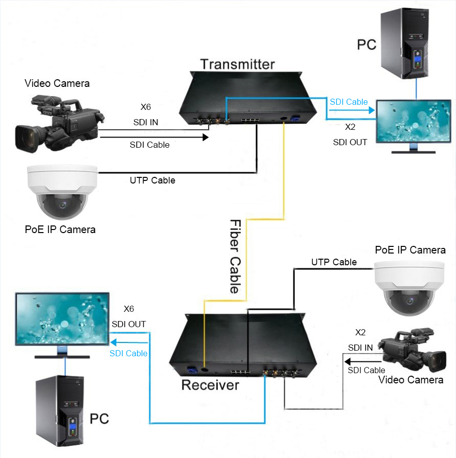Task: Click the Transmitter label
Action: [x=238, y=64]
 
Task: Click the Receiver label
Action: [x=210, y=385]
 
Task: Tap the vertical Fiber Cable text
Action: [x=235, y=256]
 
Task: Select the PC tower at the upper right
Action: [x=404, y=43]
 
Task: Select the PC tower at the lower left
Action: [x=60, y=410]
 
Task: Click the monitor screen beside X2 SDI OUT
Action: [x=414, y=121]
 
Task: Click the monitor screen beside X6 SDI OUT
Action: [x=62, y=318]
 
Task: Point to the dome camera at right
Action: [x=409, y=288]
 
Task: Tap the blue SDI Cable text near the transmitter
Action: [x=349, y=102]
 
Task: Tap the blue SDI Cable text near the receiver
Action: [x=128, y=353]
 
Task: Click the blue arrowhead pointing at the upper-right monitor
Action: [x=372, y=110]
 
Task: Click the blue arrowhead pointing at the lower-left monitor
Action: [x=113, y=342]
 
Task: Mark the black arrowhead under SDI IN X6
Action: [x=206, y=137]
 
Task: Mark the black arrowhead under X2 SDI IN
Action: [x=348, y=361]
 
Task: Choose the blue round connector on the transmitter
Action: [x=293, y=119]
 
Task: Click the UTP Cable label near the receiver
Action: [x=334, y=262]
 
